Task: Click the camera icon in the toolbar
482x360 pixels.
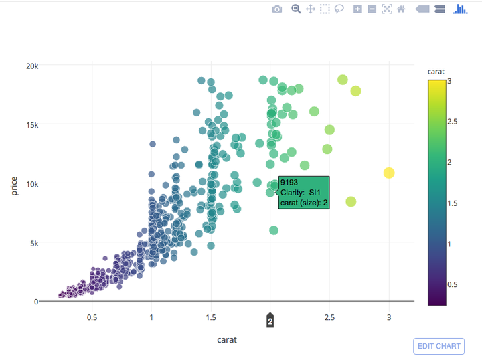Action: [x=277, y=9]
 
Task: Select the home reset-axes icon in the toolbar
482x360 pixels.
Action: [x=401, y=9]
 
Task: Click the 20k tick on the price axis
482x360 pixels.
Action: [x=32, y=66]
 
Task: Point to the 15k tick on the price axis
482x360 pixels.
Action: [x=32, y=124]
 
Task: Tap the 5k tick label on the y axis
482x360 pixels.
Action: [x=33, y=242]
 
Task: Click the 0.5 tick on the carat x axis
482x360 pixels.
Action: [x=92, y=317]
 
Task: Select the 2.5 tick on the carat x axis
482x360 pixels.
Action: [x=329, y=317]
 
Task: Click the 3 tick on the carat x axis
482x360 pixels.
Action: [x=389, y=317]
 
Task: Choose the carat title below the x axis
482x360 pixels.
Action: [x=226, y=339]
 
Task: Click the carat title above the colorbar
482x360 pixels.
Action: [x=436, y=71]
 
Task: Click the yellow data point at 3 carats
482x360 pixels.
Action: [x=389, y=173]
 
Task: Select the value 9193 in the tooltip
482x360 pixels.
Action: [x=289, y=182]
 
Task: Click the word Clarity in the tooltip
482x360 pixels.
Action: [x=293, y=193]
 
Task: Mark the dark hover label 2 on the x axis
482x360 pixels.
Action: [x=270, y=322]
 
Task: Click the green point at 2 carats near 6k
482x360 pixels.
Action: [x=274, y=230]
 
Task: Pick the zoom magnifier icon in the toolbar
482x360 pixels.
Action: [x=295, y=9]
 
